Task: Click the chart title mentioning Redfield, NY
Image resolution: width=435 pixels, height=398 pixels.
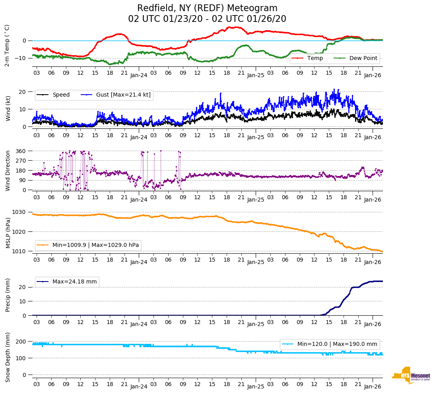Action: click(x=207, y=8)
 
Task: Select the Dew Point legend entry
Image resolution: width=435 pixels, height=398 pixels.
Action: click(x=363, y=58)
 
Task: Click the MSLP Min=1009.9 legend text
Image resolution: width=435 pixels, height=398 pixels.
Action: click(x=95, y=245)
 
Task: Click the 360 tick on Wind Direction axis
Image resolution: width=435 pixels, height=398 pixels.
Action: click(x=21, y=151)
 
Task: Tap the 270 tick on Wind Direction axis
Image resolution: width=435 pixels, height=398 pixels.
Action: click(x=21, y=161)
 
